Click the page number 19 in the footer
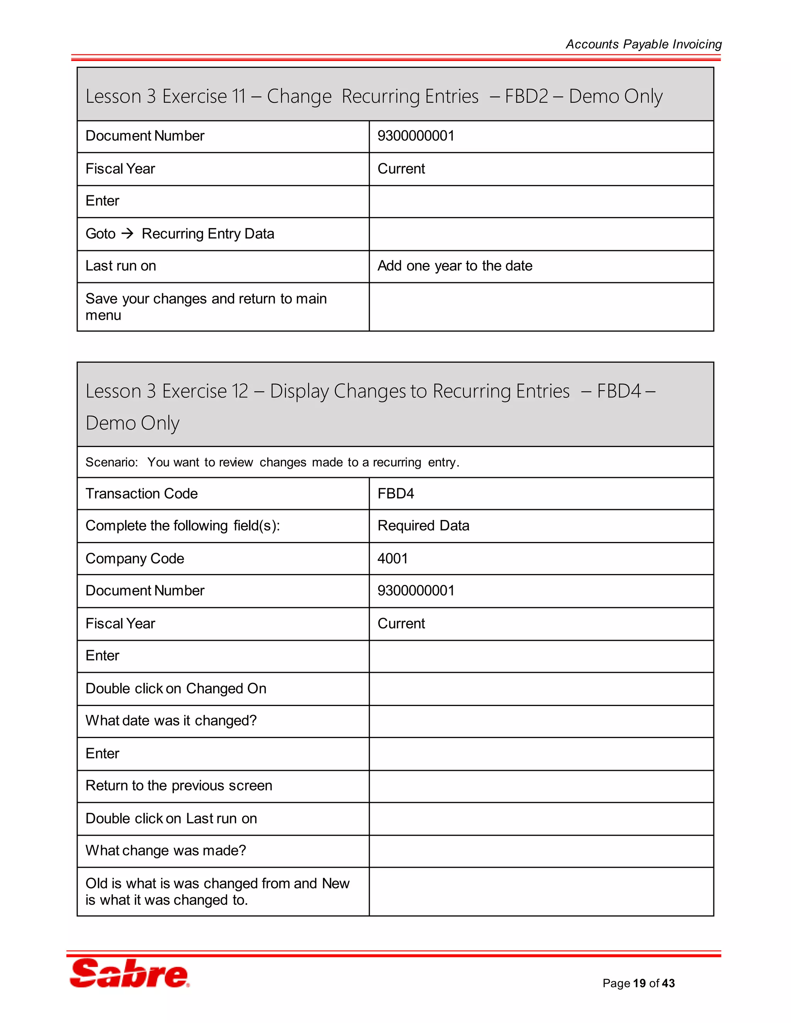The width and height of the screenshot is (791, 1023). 639,983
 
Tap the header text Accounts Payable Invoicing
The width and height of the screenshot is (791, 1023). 643,44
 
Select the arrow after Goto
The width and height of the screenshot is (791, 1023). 127,233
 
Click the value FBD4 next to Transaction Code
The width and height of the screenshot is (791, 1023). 395,493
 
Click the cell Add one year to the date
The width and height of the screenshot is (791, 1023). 455,266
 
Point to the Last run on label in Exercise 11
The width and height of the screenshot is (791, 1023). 121,266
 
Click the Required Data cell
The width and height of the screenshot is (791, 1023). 423,525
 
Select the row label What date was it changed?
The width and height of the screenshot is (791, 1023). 171,720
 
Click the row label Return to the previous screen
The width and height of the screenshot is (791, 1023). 178,785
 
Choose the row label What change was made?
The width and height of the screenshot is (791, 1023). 165,850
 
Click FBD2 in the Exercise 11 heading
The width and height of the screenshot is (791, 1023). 526,97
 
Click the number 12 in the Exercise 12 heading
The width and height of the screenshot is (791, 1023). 240,391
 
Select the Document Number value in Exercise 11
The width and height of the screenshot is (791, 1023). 416,136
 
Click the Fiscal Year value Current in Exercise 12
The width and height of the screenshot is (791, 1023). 401,623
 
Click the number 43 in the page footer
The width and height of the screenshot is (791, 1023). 668,983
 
